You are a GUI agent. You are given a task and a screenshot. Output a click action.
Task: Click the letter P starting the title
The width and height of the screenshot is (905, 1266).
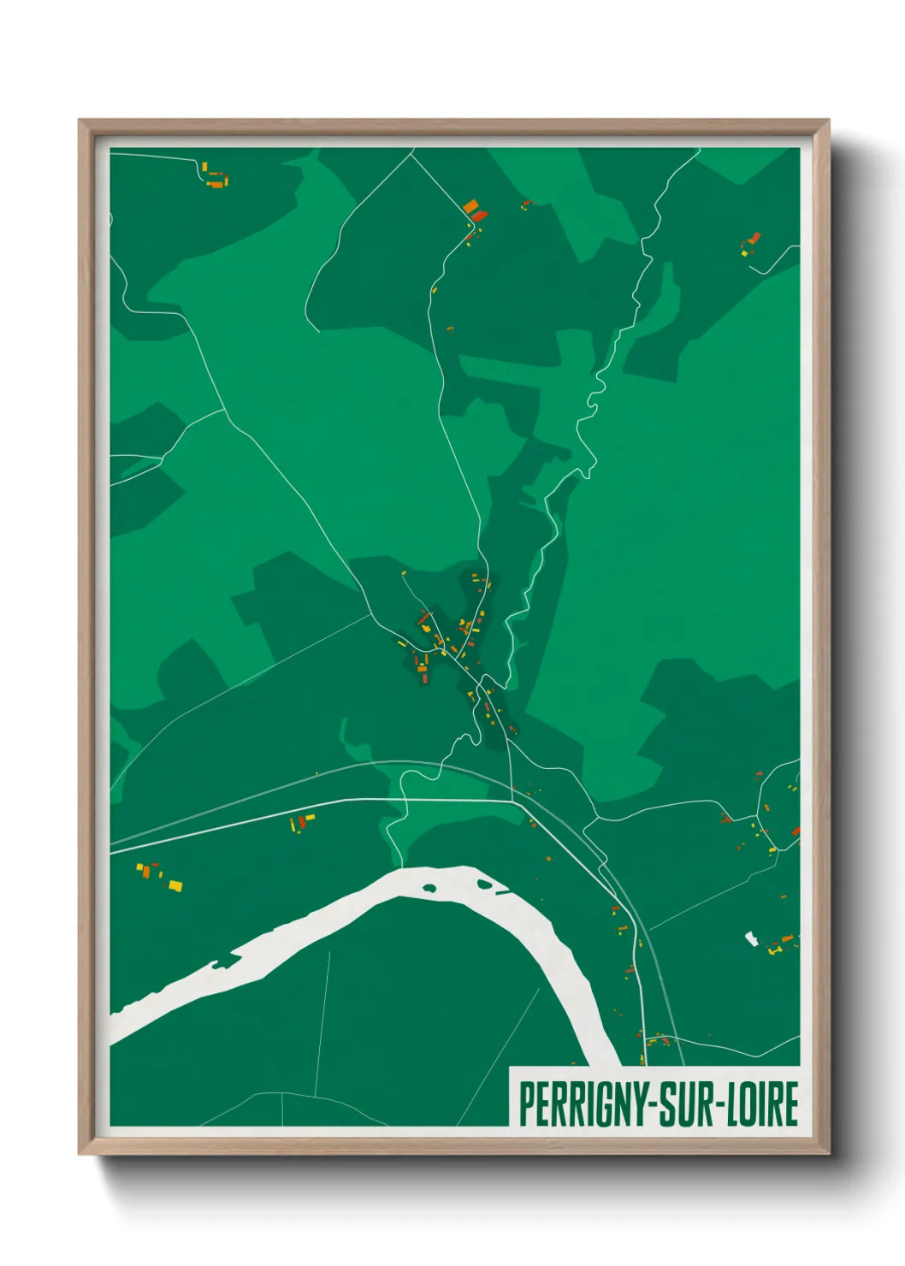[x=525, y=1104]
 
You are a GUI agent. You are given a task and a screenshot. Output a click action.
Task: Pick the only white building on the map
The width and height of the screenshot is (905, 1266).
[x=752, y=938]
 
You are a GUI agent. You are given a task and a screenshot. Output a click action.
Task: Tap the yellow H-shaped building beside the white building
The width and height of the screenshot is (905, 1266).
[x=775, y=949]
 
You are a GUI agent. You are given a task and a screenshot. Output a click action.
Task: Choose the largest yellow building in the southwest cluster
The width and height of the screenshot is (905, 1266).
[x=175, y=885]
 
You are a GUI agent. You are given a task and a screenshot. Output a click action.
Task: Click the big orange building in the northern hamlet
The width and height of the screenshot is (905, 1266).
[x=470, y=206]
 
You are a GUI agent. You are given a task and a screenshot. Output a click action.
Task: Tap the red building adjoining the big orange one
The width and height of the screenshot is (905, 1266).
[x=480, y=214]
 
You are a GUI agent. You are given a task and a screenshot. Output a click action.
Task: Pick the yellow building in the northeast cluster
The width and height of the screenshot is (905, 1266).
[x=744, y=251]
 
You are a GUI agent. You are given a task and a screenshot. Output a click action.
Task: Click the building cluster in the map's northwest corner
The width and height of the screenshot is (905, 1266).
[x=215, y=179]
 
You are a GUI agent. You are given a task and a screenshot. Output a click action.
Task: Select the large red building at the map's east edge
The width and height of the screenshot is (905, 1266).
[x=796, y=831]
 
